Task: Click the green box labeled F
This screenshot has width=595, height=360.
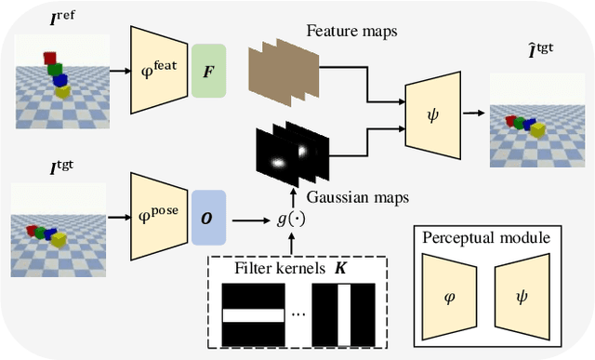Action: click(x=209, y=70)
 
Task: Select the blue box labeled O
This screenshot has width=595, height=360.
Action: click(x=209, y=218)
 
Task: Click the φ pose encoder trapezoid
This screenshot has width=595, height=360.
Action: click(x=160, y=217)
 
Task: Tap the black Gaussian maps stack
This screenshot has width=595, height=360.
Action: click(x=292, y=155)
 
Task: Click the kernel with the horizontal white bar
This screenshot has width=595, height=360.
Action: click(x=253, y=315)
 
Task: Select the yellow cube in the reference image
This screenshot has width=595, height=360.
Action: click(x=62, y=92)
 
